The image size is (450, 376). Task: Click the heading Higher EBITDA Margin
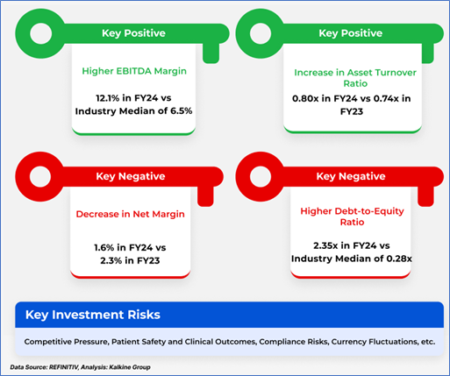coord(134,71)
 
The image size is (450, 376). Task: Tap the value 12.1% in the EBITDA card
coord(108,98)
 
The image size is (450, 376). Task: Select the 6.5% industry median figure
coord(182,111)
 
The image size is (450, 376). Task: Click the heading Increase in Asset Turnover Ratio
coord(355,78)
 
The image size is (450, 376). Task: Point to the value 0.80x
coord(305,98)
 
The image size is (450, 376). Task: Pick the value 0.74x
coord(386,98)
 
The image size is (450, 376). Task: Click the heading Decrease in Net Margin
coord(131,214)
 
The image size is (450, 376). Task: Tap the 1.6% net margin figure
coord(104,248)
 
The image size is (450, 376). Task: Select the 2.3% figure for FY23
coord(111,260)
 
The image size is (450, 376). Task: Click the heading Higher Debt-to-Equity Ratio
coord(352,216)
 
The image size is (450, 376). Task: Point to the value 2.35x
coord(325,245)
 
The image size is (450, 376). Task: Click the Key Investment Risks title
coord(93,315)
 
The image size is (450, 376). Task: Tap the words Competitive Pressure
coord(66,342)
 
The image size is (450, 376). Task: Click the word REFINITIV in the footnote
coord(63,367)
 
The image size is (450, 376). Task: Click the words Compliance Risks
coord(293,342)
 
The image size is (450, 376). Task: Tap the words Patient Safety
coord(139,342)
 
